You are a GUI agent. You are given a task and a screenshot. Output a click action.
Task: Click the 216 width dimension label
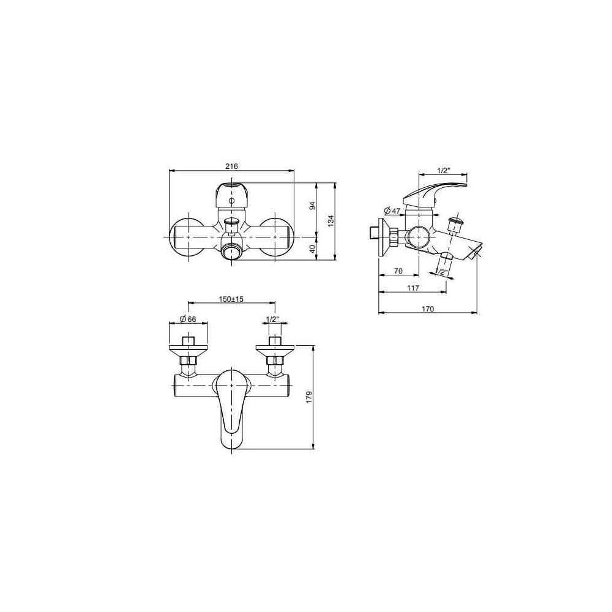tap(231, 166)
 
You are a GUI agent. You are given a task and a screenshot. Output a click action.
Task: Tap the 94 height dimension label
tap(312, 206)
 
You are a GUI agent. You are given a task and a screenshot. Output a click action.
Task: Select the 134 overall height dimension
tap(330, 220)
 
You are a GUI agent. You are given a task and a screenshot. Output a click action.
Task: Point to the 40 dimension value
tap(312, 248)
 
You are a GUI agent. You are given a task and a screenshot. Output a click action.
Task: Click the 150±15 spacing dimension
tap(231, 299)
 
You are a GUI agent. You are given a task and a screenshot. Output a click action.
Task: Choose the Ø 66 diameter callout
tap(188, 319)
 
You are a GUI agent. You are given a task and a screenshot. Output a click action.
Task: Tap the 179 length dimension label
tap(310, 397)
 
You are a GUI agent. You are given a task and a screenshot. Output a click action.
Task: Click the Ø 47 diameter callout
tap(392, 211)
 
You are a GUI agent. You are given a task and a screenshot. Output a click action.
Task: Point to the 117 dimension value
tap(413, 288)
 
